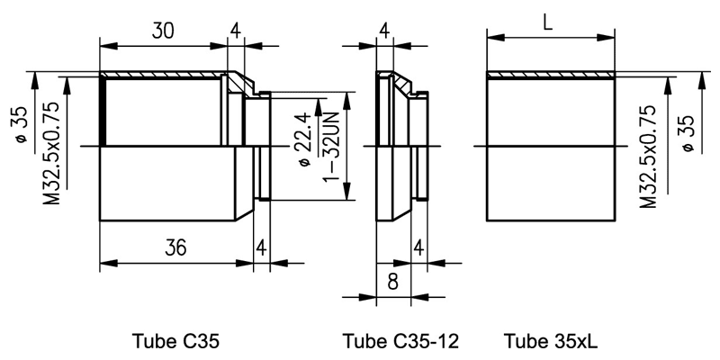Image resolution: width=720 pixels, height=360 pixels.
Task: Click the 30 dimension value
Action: (x=163, y=31)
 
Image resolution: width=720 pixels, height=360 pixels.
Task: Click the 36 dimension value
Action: (x=175, y=249)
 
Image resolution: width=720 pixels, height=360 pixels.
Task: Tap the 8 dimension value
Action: (x=392, y=280)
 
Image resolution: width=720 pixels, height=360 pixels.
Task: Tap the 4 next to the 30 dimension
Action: (x=235, y=31)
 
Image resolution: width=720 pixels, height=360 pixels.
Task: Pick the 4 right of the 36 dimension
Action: (x=260, y=247)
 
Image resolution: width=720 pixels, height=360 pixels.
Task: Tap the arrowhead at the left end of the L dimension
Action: (x=491, y=38)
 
